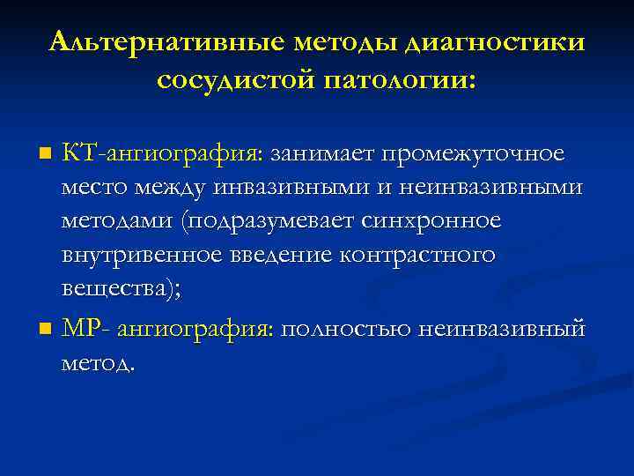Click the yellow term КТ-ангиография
pos(161,154)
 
